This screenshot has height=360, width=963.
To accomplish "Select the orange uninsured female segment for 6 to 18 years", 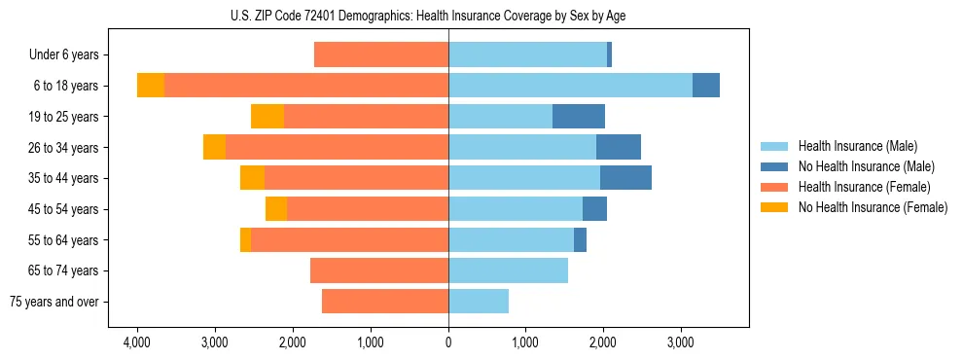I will click(x=151, y=86).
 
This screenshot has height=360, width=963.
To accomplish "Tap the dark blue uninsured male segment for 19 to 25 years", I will click(x=579, y=117).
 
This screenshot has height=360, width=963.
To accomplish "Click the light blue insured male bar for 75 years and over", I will click(x=479, y=302).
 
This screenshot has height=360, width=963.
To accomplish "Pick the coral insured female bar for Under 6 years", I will click(x=381, y=54).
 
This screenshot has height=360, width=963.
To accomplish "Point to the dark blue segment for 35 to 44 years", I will click(x=625, y=178).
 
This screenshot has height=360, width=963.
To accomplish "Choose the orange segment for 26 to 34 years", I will click(x=214, y=147).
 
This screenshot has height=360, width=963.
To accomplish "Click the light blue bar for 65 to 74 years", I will click(x=508, y=270).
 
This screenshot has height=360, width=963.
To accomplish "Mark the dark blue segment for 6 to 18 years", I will click(x=706, y=86).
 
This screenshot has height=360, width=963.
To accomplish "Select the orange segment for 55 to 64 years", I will click(x=245, y=239).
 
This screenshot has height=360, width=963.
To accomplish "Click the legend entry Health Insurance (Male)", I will click(x=857, y=146).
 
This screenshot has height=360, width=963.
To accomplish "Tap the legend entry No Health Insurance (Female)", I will click(x=873, y=207).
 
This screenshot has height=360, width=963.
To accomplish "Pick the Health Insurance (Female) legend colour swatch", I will click(x=774, y=187).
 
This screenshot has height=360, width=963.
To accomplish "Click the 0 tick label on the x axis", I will click(x=448, y=343).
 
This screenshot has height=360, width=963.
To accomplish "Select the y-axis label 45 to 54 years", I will click(x=64, y=209).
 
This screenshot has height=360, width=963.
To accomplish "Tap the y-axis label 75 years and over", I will click(x=54, y=302).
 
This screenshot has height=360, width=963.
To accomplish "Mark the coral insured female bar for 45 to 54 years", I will click(x=368, y=209).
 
